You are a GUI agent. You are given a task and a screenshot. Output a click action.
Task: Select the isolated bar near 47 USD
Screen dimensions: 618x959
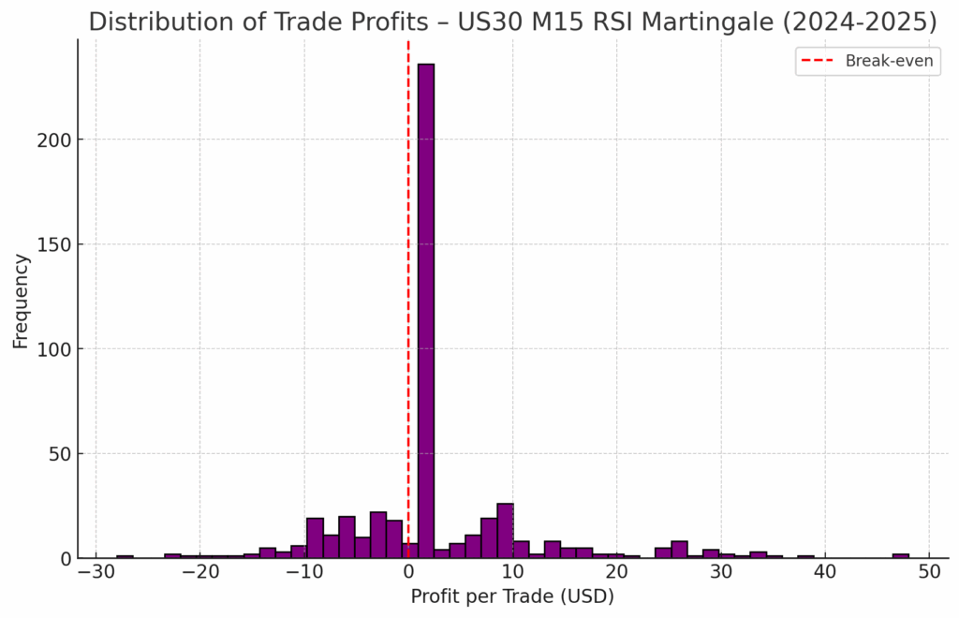click(x=900, y=555)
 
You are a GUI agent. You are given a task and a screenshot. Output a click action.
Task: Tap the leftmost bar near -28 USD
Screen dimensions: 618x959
click(x=125, y=556)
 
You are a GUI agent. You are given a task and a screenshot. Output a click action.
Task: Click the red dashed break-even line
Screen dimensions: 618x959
click(x=408, y=281)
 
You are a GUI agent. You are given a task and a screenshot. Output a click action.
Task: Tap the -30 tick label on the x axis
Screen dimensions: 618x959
click(x=95, y=572)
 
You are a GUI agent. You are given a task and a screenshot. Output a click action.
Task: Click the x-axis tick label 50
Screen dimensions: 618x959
click(x=929, y=572)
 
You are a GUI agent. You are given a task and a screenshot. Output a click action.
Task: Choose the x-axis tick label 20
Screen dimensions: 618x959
click(x=616, y=572)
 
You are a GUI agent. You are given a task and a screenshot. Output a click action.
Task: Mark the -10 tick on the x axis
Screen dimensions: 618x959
click(x=302, y=572)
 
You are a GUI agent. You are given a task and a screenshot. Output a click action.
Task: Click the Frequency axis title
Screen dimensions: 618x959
click(x=21, y=301)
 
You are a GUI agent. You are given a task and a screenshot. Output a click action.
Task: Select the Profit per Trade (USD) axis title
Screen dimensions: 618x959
click(x=512, y=596)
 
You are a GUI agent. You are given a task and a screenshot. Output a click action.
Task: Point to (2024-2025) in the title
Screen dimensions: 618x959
click(x=869, y=22)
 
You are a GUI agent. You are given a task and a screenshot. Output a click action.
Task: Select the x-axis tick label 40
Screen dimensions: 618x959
click(x=824, y=572)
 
